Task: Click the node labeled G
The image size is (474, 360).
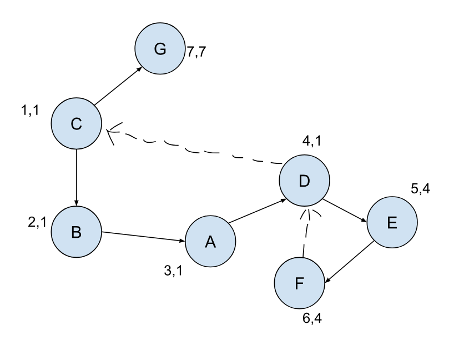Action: tap(160, 48)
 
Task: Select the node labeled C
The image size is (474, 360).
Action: tap(76, 123)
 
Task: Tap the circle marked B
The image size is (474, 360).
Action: tap(76, 232)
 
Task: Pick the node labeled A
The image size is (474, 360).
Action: tap(210, 242)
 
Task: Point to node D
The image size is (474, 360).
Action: tap(304, 181)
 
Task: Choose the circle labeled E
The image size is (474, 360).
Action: tap(392, 222)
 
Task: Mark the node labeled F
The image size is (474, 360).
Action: tap(299, 283)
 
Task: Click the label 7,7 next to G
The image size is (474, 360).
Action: tap(196, 52)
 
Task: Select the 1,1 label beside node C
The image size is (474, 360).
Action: tap(30, 111)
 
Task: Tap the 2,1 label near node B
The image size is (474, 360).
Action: tap(37, 222)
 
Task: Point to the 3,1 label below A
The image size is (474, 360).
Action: tap(173, 271)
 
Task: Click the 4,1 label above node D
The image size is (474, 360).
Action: tap(312, 141)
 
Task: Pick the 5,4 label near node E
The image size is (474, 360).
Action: tap(420, 189)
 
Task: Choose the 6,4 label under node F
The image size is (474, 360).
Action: tap(312, 318)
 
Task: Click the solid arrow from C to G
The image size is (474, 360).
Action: tap(118, 86)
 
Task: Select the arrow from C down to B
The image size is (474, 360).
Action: tap(76, 178)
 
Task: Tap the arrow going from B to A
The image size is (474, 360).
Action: tap(143, 237)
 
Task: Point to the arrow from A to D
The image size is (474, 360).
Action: tap(257, 211)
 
